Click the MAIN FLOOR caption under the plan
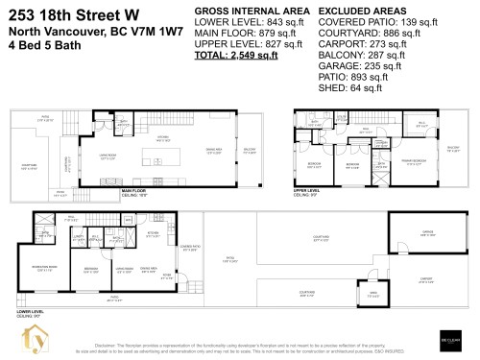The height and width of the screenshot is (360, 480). [137, 192]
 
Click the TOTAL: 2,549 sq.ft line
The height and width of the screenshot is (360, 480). [236, 57]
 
